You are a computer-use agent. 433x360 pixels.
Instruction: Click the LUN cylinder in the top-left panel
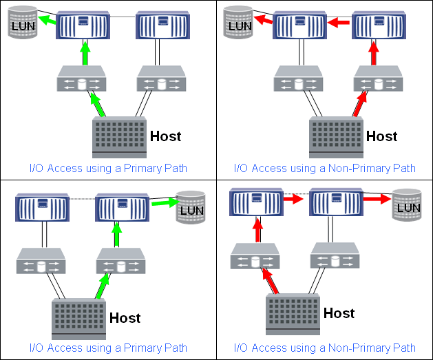click(x=20, y=24)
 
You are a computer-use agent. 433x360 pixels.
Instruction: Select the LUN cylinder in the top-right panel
click(x=240, y=24)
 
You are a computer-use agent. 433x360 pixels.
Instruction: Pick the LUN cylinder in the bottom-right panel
click(x=407, y=206)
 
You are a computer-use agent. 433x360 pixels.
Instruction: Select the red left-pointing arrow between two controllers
click(x=338, y=23)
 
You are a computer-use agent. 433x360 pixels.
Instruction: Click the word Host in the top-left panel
click(x=165, y=136)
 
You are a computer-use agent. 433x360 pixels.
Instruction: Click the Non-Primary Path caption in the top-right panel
click(x=325, y=168)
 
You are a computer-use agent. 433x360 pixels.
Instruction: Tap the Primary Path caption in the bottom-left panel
click(x=108, y=348)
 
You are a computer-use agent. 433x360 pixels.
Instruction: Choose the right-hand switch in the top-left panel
click(x=162, y=80)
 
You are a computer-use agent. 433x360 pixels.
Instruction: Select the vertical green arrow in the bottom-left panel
click(x=116, y=235)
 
